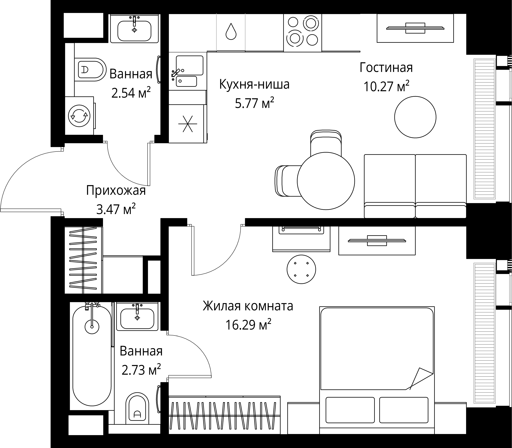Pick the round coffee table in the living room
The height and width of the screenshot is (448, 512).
coord(415,117)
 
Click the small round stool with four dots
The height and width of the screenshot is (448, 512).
coord(301,269)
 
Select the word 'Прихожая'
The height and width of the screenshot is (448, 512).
coord(116,190)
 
